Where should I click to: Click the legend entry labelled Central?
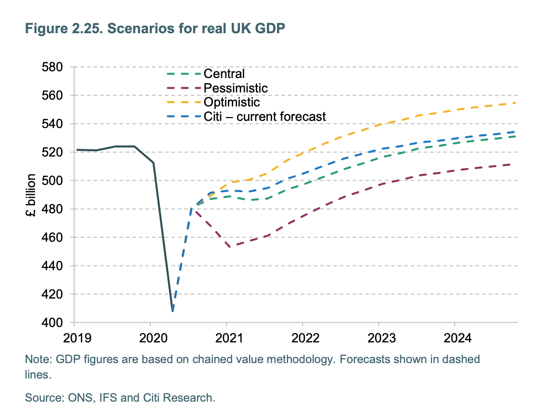click(x=224, y=74)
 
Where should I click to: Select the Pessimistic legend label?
click(x=236, y=88)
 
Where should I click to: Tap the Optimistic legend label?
click(x=231, y=102)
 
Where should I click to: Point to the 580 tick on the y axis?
click(x=54, y=67)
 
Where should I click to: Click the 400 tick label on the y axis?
click(x=54, y=323)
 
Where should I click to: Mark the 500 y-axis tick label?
click(x=54, y=181)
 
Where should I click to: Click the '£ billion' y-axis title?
click(x=30, y=195)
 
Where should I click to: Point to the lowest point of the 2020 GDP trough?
click(x=172, y=311)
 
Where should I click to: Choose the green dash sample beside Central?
click(x=184, y=74)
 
